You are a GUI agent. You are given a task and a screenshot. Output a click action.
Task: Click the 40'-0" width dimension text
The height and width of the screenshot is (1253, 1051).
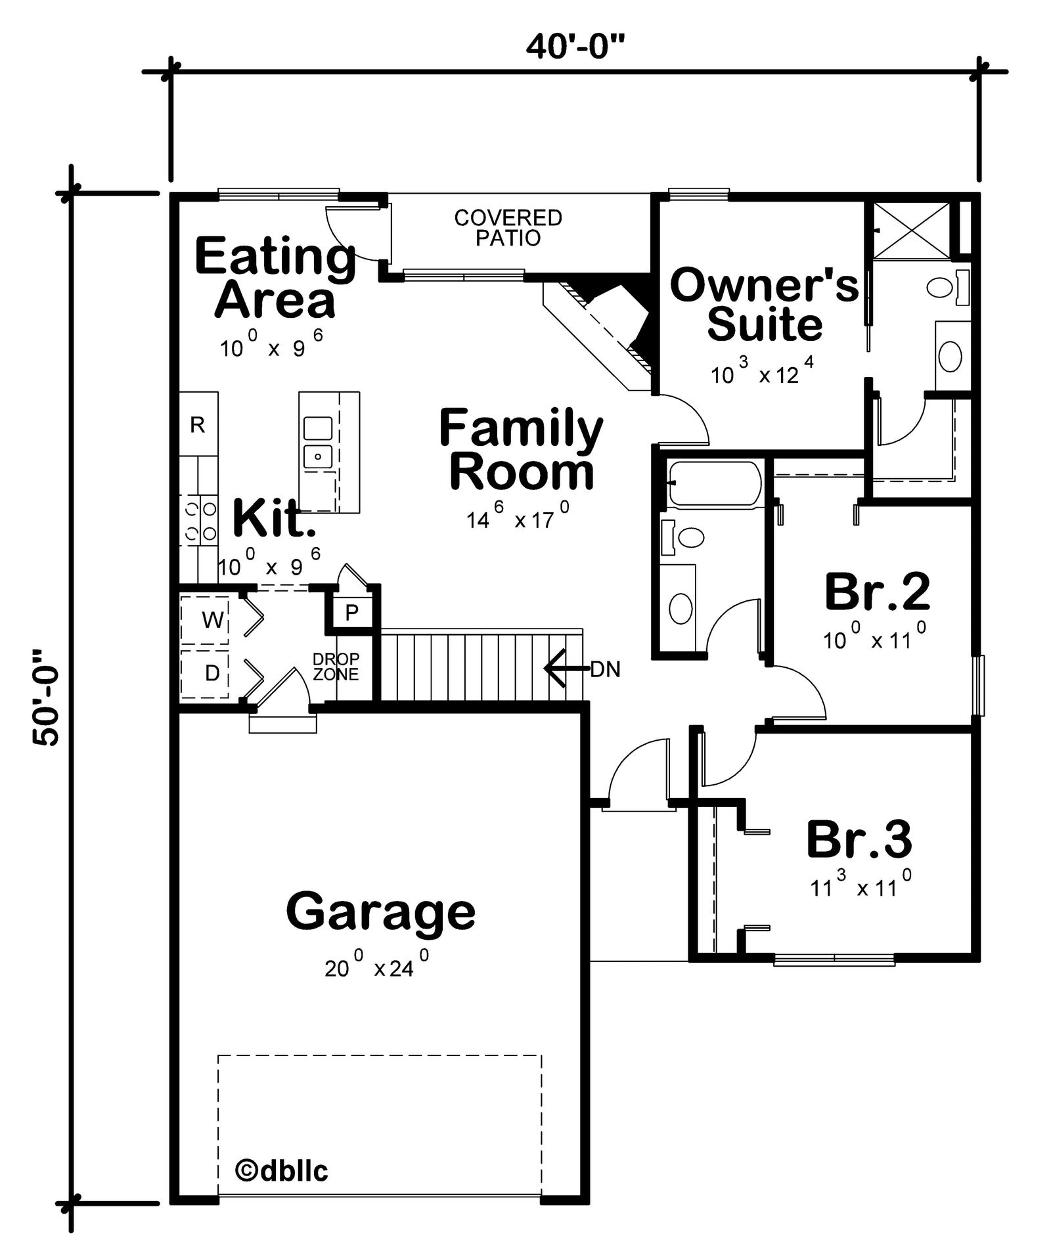[x=575, y=47]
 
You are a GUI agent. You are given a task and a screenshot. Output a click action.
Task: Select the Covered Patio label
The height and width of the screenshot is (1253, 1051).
[x=508, y=227]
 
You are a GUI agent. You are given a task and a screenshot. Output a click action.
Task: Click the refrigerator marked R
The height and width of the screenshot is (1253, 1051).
[x=198, y=425]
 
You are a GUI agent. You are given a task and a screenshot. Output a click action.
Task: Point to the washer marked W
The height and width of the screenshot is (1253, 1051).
[x=205, y=619]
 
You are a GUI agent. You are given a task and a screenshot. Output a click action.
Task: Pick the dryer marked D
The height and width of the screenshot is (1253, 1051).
[x=205, y=673]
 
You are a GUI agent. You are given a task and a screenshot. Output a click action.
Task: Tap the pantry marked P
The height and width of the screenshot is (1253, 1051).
[x=352, y=612]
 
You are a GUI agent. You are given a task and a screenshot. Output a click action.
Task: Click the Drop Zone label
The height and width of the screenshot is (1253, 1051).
[x=336, y=666]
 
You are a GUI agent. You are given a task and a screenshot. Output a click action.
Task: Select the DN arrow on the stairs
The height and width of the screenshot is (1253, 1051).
[x=567, y=669]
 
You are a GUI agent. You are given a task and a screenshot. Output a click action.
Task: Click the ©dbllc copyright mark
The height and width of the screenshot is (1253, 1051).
[x=281, y=1170]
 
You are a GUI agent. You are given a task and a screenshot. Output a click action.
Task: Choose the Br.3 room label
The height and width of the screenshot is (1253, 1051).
[x=859, y=839]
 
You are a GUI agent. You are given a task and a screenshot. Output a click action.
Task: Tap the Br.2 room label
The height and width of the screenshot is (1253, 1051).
[x=877, y=591]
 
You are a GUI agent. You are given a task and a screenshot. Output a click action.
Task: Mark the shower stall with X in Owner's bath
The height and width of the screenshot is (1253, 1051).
[x=912, y=230]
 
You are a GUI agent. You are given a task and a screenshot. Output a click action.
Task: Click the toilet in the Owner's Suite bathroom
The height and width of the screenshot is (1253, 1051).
[x=948, y=288]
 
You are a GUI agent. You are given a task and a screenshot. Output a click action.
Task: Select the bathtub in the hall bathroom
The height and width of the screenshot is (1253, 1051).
[x=715, y=484]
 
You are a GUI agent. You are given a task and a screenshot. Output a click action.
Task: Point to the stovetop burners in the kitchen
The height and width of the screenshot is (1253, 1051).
[x=199, y=520]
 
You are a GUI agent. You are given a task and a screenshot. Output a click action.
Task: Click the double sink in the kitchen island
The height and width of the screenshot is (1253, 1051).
[x=318, y=442]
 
